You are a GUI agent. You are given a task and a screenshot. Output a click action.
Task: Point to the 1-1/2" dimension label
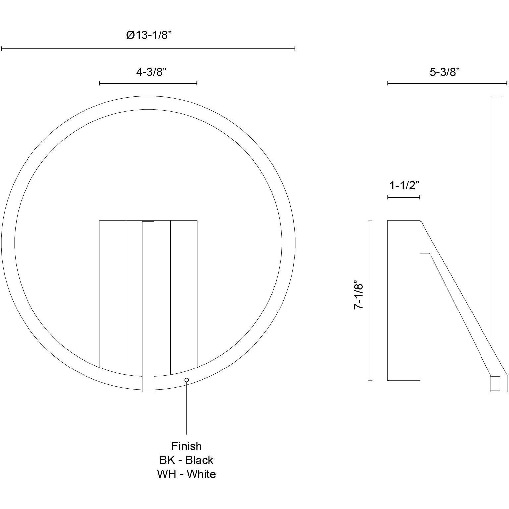404,186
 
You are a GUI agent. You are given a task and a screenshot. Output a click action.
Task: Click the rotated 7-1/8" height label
359,297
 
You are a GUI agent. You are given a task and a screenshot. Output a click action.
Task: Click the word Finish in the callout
186,446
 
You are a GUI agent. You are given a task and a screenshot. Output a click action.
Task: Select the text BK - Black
186,460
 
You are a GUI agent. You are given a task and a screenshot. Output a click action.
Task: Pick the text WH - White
186,474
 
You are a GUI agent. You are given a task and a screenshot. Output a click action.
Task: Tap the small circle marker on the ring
187,380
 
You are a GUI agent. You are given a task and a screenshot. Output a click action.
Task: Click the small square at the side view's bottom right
495,384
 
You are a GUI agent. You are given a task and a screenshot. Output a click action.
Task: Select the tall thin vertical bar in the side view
496,215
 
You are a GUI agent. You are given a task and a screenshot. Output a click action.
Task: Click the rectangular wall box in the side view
404,300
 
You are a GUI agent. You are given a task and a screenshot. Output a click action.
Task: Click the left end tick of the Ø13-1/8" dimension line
2,49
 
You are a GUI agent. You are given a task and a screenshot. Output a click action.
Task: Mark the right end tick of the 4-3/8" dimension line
197,83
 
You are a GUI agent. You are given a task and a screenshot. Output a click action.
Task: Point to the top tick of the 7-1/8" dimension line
370,221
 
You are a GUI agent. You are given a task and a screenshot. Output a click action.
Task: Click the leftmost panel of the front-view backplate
113,292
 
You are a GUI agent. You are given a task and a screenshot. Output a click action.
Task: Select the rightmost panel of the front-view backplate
184,292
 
